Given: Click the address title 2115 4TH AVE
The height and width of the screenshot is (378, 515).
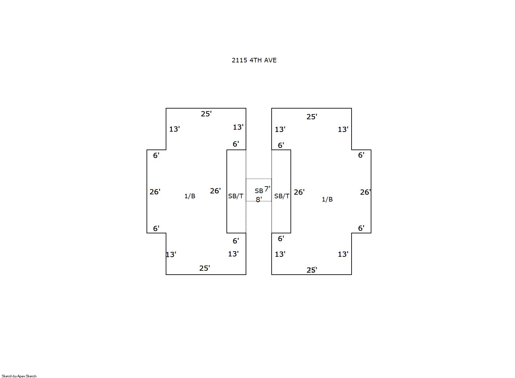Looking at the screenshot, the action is coord(254,60).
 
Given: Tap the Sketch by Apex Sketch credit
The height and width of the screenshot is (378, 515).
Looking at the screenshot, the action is coord(19,376).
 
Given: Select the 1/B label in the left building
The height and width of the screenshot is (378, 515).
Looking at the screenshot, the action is coord(190,196).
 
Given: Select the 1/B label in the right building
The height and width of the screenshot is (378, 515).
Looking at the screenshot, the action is coord(327,199).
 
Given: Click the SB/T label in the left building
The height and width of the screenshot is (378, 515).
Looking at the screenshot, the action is coord(236,196).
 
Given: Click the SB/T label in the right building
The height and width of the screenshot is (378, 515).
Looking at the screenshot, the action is coord(282,196).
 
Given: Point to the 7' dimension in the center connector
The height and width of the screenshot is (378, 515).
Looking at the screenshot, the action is coord(267,189).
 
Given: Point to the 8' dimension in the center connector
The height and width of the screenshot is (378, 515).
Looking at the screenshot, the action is coord(259,200).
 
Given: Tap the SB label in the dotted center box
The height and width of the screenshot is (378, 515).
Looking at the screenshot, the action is coord(259,191).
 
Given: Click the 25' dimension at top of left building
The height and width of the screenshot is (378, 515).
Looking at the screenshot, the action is coord(206,114).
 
